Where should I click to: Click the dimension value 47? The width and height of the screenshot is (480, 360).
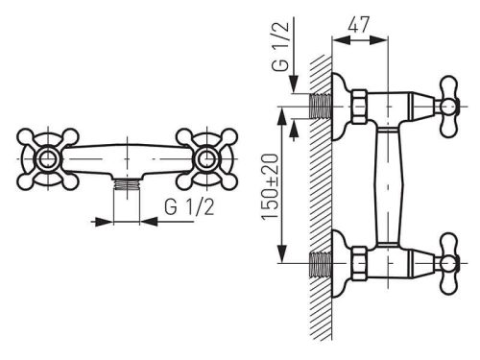coord(359,25)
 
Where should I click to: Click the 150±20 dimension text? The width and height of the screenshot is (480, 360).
coord(271,187)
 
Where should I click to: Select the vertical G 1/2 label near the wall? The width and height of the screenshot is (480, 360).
coord(280,46)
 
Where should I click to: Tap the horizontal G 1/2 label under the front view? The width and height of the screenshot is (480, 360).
coord(189,206)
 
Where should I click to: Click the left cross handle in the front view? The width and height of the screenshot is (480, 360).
coord(48,159)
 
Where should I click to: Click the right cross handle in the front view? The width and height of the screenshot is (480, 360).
coord(206,159)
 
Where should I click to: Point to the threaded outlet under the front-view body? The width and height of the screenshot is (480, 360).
coord(127,185)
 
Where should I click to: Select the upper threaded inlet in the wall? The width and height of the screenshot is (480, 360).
coord(321,107)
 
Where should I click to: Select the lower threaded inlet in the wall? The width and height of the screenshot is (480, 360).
coord(321,264)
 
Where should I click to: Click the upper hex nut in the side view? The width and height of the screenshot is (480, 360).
coord(359,107)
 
